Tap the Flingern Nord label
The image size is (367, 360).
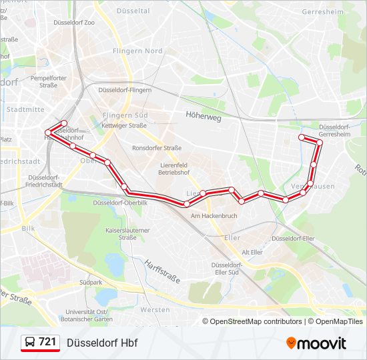point(137,51)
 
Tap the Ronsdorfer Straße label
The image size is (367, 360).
point(157,148)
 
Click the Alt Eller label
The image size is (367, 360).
point(252,252)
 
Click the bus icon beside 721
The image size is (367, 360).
point(30,343)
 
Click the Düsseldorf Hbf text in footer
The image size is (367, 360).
point(102,343)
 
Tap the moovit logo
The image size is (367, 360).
point(316,343)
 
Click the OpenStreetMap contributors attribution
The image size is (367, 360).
point(256,321)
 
